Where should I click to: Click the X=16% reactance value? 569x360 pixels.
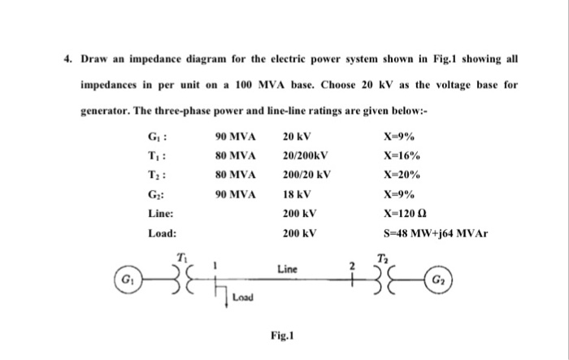click(401, 155)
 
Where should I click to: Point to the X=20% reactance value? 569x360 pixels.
click(401, 175)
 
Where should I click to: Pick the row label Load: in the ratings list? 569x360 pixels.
click(162, 233)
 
